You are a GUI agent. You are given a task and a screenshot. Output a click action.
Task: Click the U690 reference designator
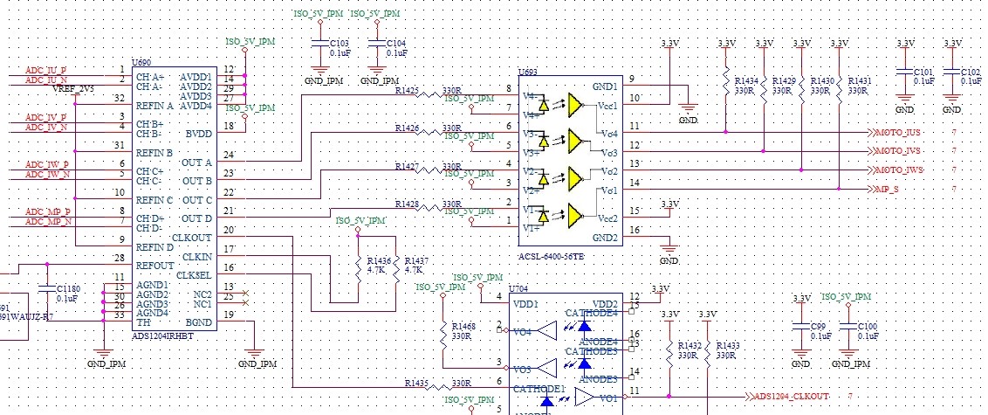click(140, 64)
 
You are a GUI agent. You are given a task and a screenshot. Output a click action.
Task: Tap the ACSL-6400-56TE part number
click(552, 256)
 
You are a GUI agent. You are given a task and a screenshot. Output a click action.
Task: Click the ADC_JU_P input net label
click(45, 70)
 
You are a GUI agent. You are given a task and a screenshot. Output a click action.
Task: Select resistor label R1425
click(407, 90)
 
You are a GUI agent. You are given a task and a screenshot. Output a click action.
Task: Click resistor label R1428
click(407, 204)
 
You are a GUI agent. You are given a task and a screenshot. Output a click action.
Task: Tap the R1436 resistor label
click(379, 261)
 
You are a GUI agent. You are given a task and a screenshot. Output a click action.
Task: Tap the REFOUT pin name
click(155, 266)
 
